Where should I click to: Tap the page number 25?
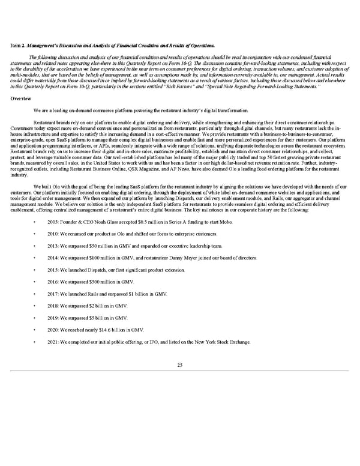(x=180, y=365)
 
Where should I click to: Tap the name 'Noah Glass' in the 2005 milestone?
(x=113, y=222)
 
